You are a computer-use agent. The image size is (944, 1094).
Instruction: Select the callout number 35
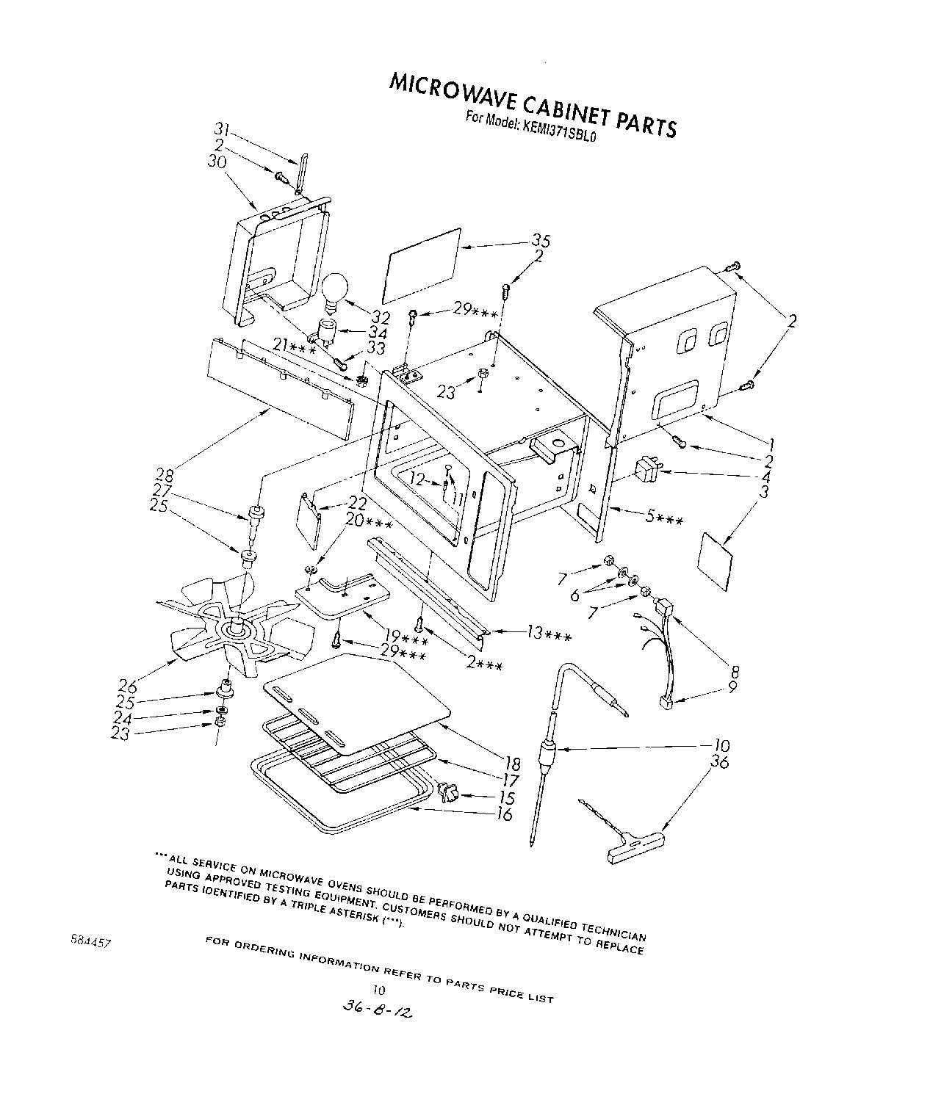click(x=541, y=241)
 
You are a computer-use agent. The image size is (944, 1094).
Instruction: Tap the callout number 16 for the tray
click(x=504, y=814)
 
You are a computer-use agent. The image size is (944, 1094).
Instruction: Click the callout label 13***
click(x=549, y=633)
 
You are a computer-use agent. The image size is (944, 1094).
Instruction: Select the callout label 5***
click(x=664, y=520)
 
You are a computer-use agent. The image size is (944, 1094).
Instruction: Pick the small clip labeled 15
click(x=448, y=793)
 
